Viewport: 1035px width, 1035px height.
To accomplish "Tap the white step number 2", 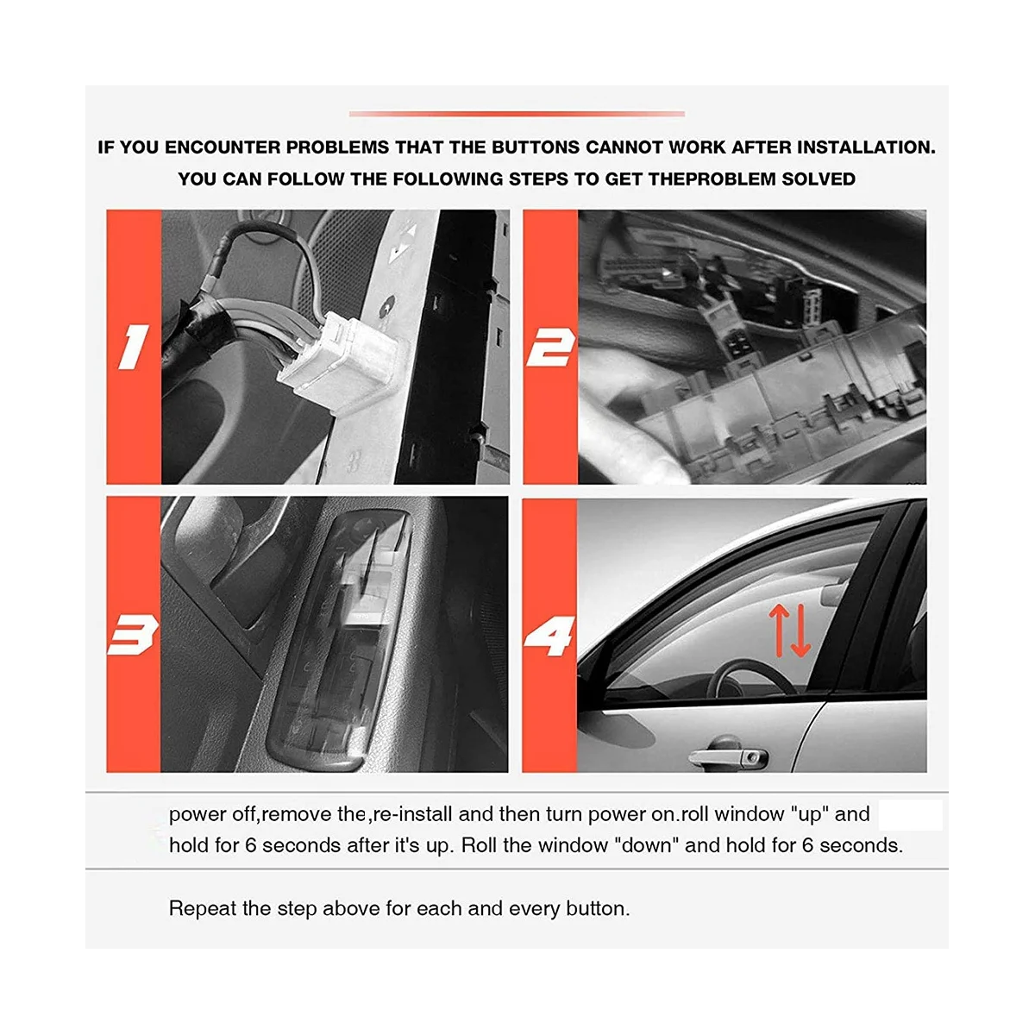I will click(x=550, y=347).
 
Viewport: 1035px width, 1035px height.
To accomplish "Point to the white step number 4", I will click(x=549, y=636).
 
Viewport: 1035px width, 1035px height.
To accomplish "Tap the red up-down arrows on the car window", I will click(x=789, y=630).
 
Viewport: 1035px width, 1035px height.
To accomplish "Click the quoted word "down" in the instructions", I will click(x=645, y=845).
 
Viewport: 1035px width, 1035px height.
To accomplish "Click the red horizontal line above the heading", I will click(x=517, y=113).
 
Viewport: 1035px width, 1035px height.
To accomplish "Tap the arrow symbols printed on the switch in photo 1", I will click(x=402, y=242).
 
